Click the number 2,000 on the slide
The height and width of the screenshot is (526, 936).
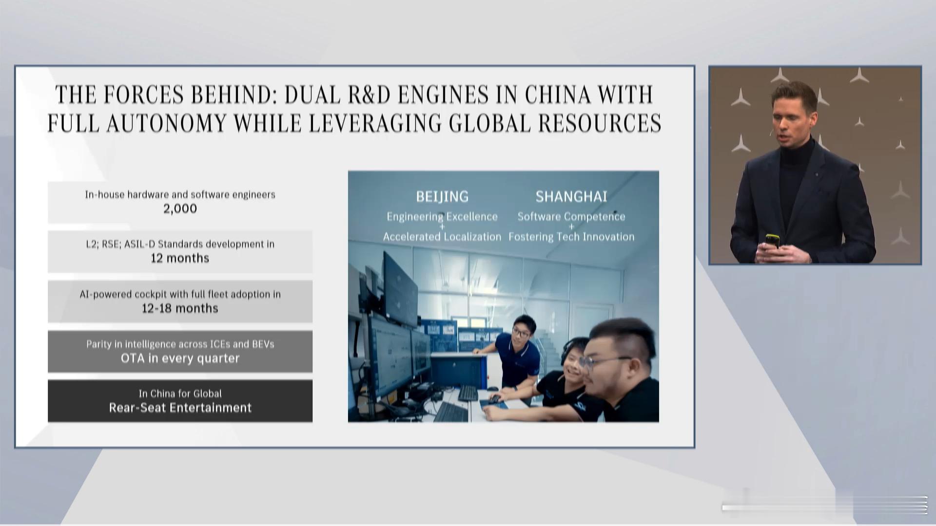click(180, 209)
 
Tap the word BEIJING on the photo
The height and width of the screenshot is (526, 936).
click(442, 196)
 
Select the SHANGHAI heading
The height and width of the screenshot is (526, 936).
click(571, 196)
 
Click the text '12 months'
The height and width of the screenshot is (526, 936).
click(180, 258)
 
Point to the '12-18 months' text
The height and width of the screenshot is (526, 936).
click(180, 308)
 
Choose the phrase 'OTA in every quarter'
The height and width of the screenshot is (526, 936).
click(180, 358)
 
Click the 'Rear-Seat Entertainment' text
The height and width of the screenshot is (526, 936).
click(180, 408)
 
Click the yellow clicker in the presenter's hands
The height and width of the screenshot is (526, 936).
click(772, 241)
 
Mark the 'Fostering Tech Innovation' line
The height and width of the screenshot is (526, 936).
click(571, 237)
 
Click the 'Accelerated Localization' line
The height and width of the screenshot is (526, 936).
click(442, 237)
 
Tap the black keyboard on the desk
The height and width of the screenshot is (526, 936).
click(468, 393)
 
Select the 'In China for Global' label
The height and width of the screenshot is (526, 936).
click(180, 394)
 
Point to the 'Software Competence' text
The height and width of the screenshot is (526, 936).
click(571, 217)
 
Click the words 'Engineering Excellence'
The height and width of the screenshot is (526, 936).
click(442, 217)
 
